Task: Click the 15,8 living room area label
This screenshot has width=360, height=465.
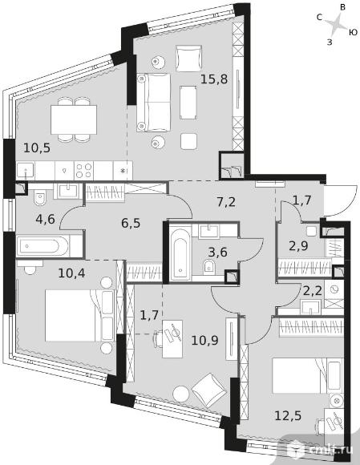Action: (x=214, y=79)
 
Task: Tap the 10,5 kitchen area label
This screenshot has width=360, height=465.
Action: (x=37, y=148)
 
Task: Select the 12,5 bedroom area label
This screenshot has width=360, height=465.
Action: (x=288, y=415)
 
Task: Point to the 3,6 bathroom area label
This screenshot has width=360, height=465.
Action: (x=217, y=253)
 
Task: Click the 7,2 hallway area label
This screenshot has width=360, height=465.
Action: (x=224, y=202)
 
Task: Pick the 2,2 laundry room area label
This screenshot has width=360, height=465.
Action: (x=312, y=291)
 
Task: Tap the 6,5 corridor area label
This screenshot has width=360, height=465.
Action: (x=131, y=223)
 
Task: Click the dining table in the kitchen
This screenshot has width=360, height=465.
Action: (x=74, y=119)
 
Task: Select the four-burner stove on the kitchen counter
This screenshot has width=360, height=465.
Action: (x=83, y=171)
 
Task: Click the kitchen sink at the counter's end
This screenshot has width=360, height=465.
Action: (x=26, y=171)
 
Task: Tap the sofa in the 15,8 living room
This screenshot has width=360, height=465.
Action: (x=154, y=103)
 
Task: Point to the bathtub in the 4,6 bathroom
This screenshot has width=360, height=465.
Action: (x=42, y=246)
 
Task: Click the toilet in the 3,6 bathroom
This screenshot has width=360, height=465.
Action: (x=209, y=267)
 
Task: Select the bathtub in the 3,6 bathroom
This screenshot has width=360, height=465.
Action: (x=180, y=253)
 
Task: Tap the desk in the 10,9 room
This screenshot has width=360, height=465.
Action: (x=172, y=338)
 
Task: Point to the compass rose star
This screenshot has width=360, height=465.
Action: (x=335, y=25)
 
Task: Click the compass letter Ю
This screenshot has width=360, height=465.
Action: (x=353, y=32)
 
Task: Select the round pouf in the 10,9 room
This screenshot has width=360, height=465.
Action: (x=181, y=394)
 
